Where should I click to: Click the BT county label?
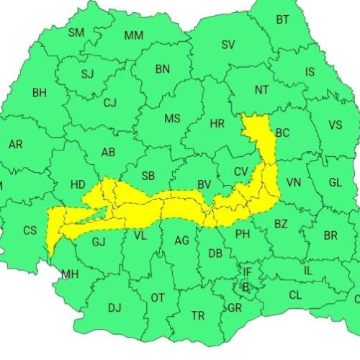coord(283,19)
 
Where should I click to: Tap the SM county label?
coord(76,32)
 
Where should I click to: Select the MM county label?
coord(133,35)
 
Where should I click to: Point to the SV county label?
coord(228,45)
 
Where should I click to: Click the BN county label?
coord(162,69)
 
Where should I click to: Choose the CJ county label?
coord(109,103)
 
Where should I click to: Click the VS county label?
coord(335,125)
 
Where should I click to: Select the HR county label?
coord(217,124)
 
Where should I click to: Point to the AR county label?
coord(15,144)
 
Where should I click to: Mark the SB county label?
coord(148,176)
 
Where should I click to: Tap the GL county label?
coord(335,182)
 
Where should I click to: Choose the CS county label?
coord(30,230)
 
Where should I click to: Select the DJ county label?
coord(114,307)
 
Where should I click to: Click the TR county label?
coord(198,315)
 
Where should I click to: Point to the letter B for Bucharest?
coord(245,287)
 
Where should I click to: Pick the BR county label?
coord(330,235)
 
